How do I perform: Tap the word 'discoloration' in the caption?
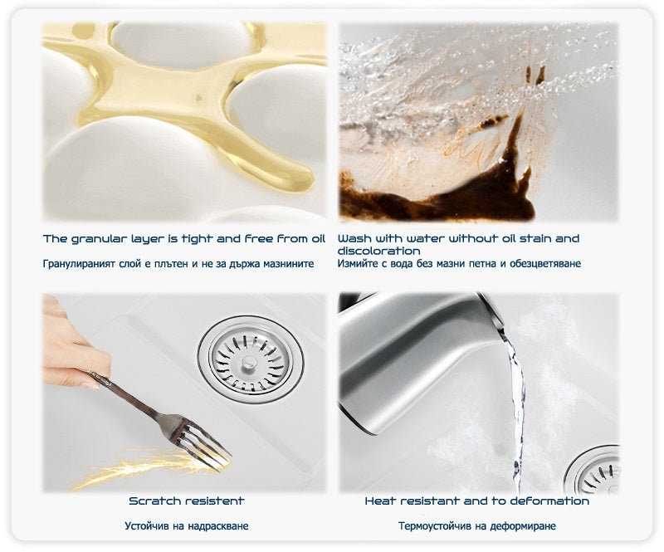click(379, 251)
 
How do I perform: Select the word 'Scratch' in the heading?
click(154, 501)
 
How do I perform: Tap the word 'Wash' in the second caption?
click(354, 239)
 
